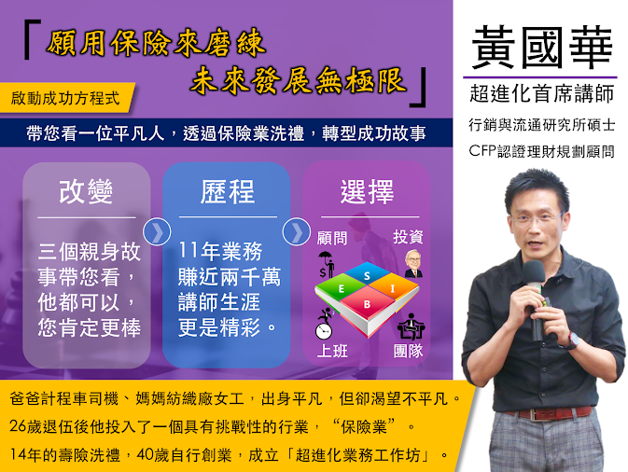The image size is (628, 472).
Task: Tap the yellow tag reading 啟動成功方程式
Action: click(x=67, y=98)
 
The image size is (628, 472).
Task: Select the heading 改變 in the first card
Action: click(x=86, y=192)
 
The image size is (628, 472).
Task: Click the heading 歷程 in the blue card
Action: click(x=227, y=192)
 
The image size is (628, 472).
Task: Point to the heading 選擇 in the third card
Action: click(x=367, y=192)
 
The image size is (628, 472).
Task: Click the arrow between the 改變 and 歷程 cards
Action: click(x=157, y=231)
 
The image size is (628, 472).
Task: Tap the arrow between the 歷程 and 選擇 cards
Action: click(x=297, y=231)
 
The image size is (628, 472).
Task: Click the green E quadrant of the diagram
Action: click(x=341, y=288)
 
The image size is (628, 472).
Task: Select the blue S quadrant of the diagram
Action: click(x=367, y=274)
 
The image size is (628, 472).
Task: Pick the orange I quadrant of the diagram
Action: click(x=393, y=288)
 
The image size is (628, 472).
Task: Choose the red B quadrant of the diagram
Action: click(x=367, y=304)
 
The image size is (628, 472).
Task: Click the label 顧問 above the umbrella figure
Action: click(x=332, y=238)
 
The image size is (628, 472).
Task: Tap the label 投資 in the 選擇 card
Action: click(x=408, y=237)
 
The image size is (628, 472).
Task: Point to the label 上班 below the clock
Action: click(x=332, y=351)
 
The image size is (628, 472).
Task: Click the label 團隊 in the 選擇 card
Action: click(x=408, y=351)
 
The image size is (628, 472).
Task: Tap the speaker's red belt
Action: click(x=549, y=412)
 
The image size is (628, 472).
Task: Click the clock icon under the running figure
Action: click(x=324, y=331)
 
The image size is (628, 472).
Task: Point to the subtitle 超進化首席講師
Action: click(x=542, y=94)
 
